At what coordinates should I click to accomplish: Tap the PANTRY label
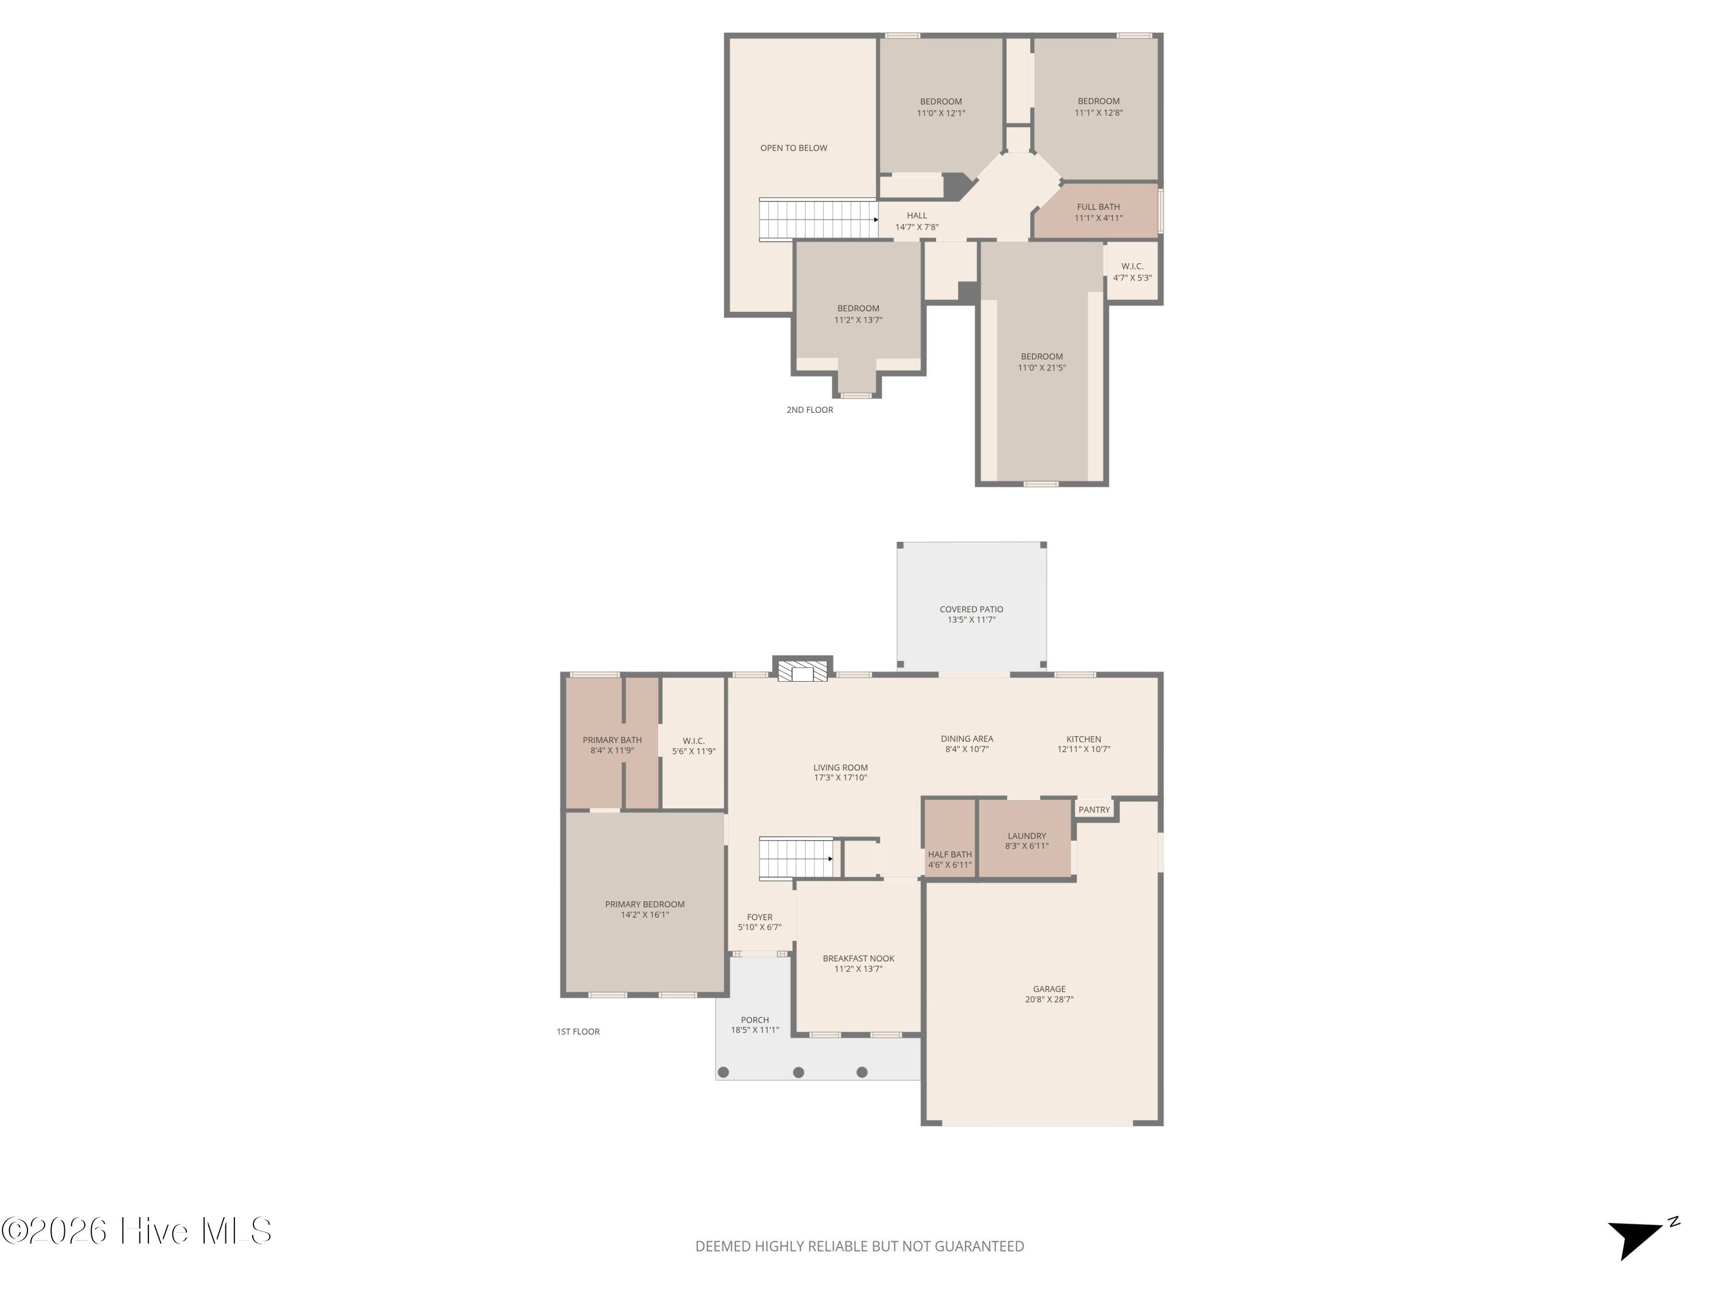(x=1093, y=810)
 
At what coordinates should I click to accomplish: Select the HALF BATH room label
(x=949, y=854)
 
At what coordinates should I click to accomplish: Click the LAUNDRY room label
(x=1026, y=836)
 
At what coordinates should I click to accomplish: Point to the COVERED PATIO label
(x=971, y=609)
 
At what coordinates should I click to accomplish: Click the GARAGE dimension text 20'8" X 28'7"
(x=1049, y=1000)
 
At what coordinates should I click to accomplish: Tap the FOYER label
(x=760, y=917)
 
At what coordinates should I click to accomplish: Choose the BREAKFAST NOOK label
(x=858, y=959)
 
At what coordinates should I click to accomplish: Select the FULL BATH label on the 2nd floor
(x=1098, y=207)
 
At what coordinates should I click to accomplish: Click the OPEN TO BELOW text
(x=793, y=148)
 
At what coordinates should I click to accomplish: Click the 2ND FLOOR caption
(x=810, y=410)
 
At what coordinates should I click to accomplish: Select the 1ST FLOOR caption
(x=578, y=1032)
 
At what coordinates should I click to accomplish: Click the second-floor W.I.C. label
(x=1132, y=266)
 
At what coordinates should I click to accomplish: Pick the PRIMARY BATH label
(x=612, y=740)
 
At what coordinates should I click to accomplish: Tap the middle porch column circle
(x=799, y=1072)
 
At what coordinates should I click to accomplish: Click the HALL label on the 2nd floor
(x=917, y=216)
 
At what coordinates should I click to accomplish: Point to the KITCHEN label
(x=1083, y=740)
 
